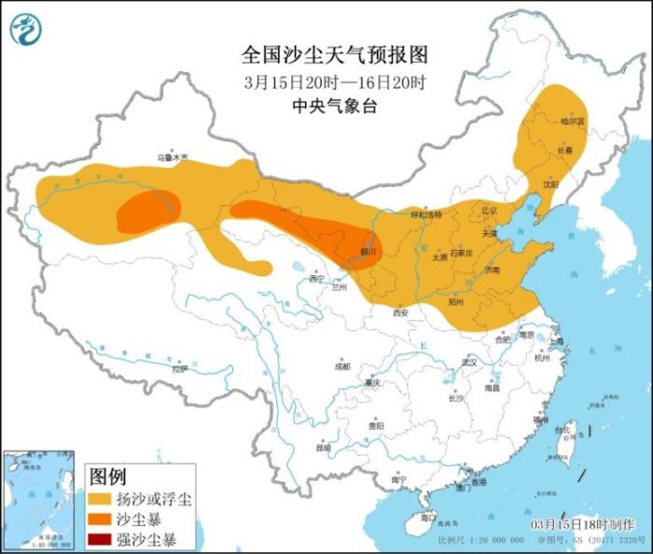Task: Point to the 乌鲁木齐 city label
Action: [x=171, y=158]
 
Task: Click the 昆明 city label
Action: [x=324, y=447]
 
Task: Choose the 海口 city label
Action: [x=427, y=516]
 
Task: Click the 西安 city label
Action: [x=400, y=313]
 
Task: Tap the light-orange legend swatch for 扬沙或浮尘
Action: [x=101, y=500]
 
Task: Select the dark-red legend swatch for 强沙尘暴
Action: [x=101, y=539]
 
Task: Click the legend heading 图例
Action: [x=107, y=477]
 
